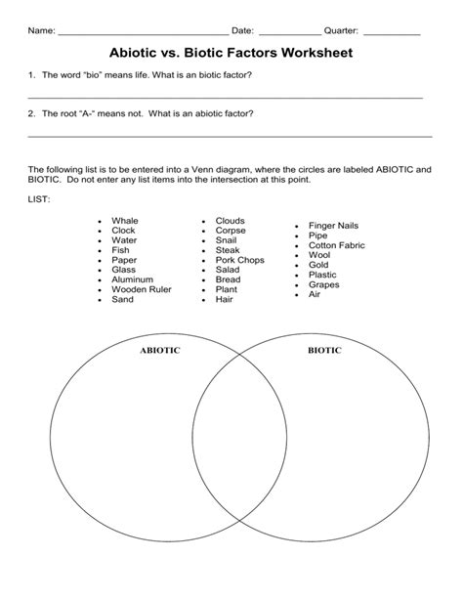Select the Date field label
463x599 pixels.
click(x=242, y=31)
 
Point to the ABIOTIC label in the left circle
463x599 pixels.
click(x=160, y=350)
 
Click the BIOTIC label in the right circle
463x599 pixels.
click(x=324, y=350)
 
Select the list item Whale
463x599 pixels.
click(x=125, y=222)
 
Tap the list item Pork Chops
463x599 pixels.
click(x=239, y=260)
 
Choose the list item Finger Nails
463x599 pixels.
click(x=334, y=226)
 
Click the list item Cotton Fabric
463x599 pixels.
click(x=336, y=245)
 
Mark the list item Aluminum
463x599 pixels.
click(x=132, y=280)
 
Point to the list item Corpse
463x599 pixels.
click(x=231, y=231)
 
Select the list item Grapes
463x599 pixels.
click(x=323, y=284)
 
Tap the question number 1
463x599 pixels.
click(x=32, y=75)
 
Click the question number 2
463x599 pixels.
click(x=32, y=113)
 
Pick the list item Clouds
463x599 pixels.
click(x=230, y=221)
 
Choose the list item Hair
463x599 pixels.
click(x=225, y=299)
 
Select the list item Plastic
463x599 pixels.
click(x=322, y=275)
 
